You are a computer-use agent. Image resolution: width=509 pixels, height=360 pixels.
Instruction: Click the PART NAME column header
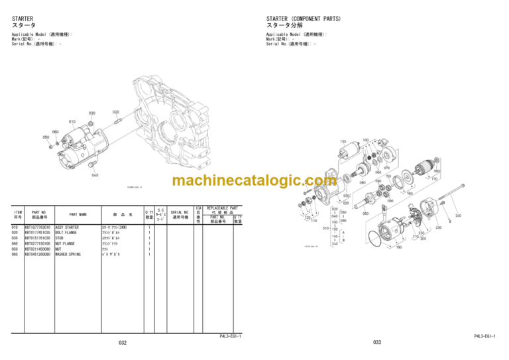78,214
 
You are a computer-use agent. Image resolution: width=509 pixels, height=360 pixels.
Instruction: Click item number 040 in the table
15,243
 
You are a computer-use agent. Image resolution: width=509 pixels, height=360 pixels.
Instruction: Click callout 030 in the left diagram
92,113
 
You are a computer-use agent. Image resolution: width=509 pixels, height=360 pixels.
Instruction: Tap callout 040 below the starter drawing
95,175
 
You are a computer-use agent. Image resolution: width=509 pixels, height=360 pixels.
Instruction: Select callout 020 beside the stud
116,112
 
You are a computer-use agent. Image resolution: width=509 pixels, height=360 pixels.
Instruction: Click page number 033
377,343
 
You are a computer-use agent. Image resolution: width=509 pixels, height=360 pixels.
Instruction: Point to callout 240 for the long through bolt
457,215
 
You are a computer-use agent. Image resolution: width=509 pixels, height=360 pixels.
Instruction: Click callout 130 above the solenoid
343,141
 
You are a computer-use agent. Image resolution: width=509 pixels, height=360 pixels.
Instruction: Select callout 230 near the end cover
438,228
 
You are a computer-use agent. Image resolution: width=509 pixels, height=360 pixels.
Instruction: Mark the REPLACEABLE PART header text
223,208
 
